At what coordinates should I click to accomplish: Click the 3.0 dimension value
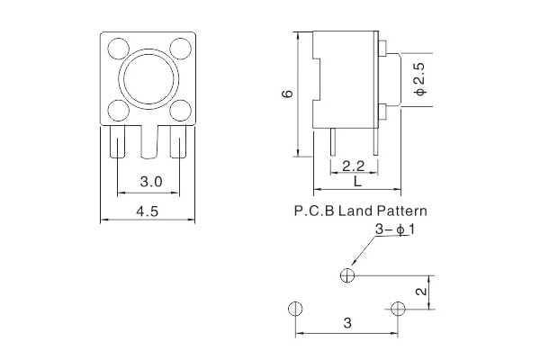coord(151,182)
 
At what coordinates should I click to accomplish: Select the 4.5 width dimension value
coord(148,211)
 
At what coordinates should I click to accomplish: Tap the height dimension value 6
coord(285,94)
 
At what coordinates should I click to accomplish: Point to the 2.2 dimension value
coord(354,166)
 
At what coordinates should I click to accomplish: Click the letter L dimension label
coord(357,182)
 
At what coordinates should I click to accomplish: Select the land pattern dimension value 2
coord(419,292)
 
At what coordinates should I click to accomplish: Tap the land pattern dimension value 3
coord(346,323)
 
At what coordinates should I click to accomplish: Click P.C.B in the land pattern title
coord(313,212)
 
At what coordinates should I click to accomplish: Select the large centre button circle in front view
coord(148,78)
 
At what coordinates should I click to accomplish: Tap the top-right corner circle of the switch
coord(180,47)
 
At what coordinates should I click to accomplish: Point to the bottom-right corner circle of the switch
coord(180,110)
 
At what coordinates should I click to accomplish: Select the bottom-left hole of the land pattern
coord(295,309)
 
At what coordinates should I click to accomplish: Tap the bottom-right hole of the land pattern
coord(399,309)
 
